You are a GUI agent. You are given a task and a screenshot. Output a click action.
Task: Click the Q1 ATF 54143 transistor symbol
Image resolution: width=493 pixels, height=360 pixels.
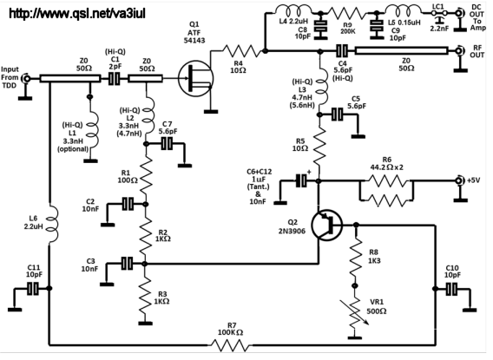point(195,78)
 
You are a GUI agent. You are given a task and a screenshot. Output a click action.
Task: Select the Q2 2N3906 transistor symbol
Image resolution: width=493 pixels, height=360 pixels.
point(327,225)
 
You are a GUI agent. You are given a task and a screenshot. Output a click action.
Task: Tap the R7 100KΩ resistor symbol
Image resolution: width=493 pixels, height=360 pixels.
point(231,345)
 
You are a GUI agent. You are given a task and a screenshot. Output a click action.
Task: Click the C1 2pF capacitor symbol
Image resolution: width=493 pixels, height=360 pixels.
point(114,79)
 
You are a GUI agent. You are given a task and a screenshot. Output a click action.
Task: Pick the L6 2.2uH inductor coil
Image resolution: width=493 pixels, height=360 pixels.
point(51,225)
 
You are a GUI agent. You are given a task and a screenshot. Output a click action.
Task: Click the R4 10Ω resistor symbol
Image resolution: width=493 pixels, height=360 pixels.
point(241,50)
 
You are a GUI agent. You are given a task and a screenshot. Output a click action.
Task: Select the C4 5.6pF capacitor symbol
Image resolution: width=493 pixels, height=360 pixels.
point(342,50)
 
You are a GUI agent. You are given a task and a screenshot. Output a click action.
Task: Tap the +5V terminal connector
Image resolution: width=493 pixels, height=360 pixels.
point(459,180)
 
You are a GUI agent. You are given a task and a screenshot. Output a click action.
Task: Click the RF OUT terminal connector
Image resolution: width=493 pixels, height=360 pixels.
point(459,50)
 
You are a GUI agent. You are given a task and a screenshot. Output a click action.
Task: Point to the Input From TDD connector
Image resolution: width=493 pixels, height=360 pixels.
point(26,78)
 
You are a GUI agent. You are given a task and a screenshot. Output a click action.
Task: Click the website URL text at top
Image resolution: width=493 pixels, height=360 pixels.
point(77,13)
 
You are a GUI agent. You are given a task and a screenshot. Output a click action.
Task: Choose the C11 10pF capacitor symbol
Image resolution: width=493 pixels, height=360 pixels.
point(33,288)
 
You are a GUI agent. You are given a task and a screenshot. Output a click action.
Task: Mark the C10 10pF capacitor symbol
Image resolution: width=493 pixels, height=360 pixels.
point(452,289)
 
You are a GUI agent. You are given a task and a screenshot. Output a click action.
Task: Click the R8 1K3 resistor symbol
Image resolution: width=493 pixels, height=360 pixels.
point(355,256)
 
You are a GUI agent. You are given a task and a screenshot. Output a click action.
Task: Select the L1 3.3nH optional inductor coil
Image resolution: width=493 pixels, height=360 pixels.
point(92,126)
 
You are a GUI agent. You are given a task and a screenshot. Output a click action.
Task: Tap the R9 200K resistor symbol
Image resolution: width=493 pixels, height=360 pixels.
point(346,13)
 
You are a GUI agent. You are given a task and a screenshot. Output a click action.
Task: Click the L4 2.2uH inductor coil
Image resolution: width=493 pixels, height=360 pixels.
point(293,10)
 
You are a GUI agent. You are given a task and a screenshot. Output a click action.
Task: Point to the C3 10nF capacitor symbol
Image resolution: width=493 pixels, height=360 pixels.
point(128,263)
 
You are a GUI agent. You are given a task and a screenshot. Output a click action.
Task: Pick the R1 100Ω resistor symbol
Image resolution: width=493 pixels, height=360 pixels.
point(146,177)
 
